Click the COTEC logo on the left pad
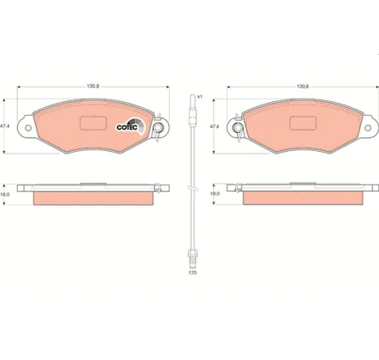point(131,127)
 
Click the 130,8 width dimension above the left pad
point(93,87)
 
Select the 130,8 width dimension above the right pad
point(303,87)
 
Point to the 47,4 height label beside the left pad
point(5,127)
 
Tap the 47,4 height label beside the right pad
point(214,127)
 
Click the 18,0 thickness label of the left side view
point(5,194)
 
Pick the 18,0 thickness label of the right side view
point(215,193)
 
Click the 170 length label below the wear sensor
point(193,273)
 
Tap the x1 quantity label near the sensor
point(200,96)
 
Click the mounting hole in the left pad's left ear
point(28,127)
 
